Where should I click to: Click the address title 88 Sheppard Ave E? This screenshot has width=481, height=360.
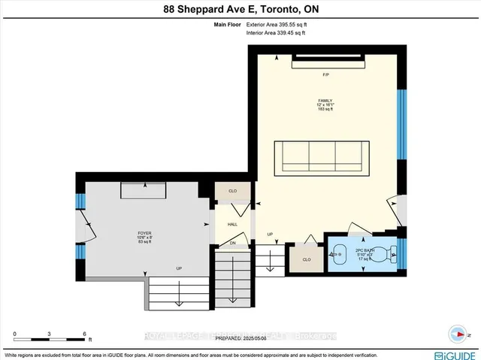[240, 10]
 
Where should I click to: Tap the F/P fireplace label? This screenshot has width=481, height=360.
[326, 75]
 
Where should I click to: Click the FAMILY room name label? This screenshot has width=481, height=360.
[325, 101]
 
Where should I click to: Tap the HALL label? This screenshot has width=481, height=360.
[231, 224]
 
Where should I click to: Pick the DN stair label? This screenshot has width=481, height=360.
[232, 243]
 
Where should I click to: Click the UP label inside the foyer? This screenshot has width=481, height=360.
[179, 268]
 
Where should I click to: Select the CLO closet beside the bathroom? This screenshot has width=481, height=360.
[306, 259]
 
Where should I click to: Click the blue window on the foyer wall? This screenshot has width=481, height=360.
[79, 202]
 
